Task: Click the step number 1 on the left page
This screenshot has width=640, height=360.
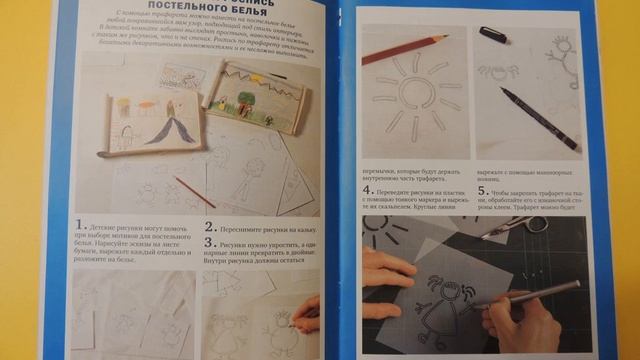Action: [x=79, y=228]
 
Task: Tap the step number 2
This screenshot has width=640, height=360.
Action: [x=209, y=227]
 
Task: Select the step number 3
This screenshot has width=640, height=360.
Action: [x=209, y=242]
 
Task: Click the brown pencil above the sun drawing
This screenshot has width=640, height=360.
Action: [x=405, y=49]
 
